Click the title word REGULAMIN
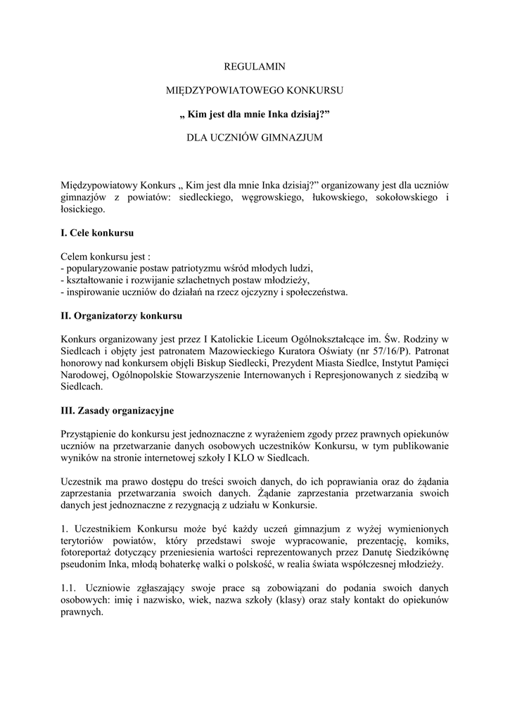(255, 67)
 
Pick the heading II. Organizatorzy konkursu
(122, 316)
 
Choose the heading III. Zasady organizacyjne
(117, 410)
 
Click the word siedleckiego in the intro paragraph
(206, 198)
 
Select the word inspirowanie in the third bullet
(89, 292)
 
